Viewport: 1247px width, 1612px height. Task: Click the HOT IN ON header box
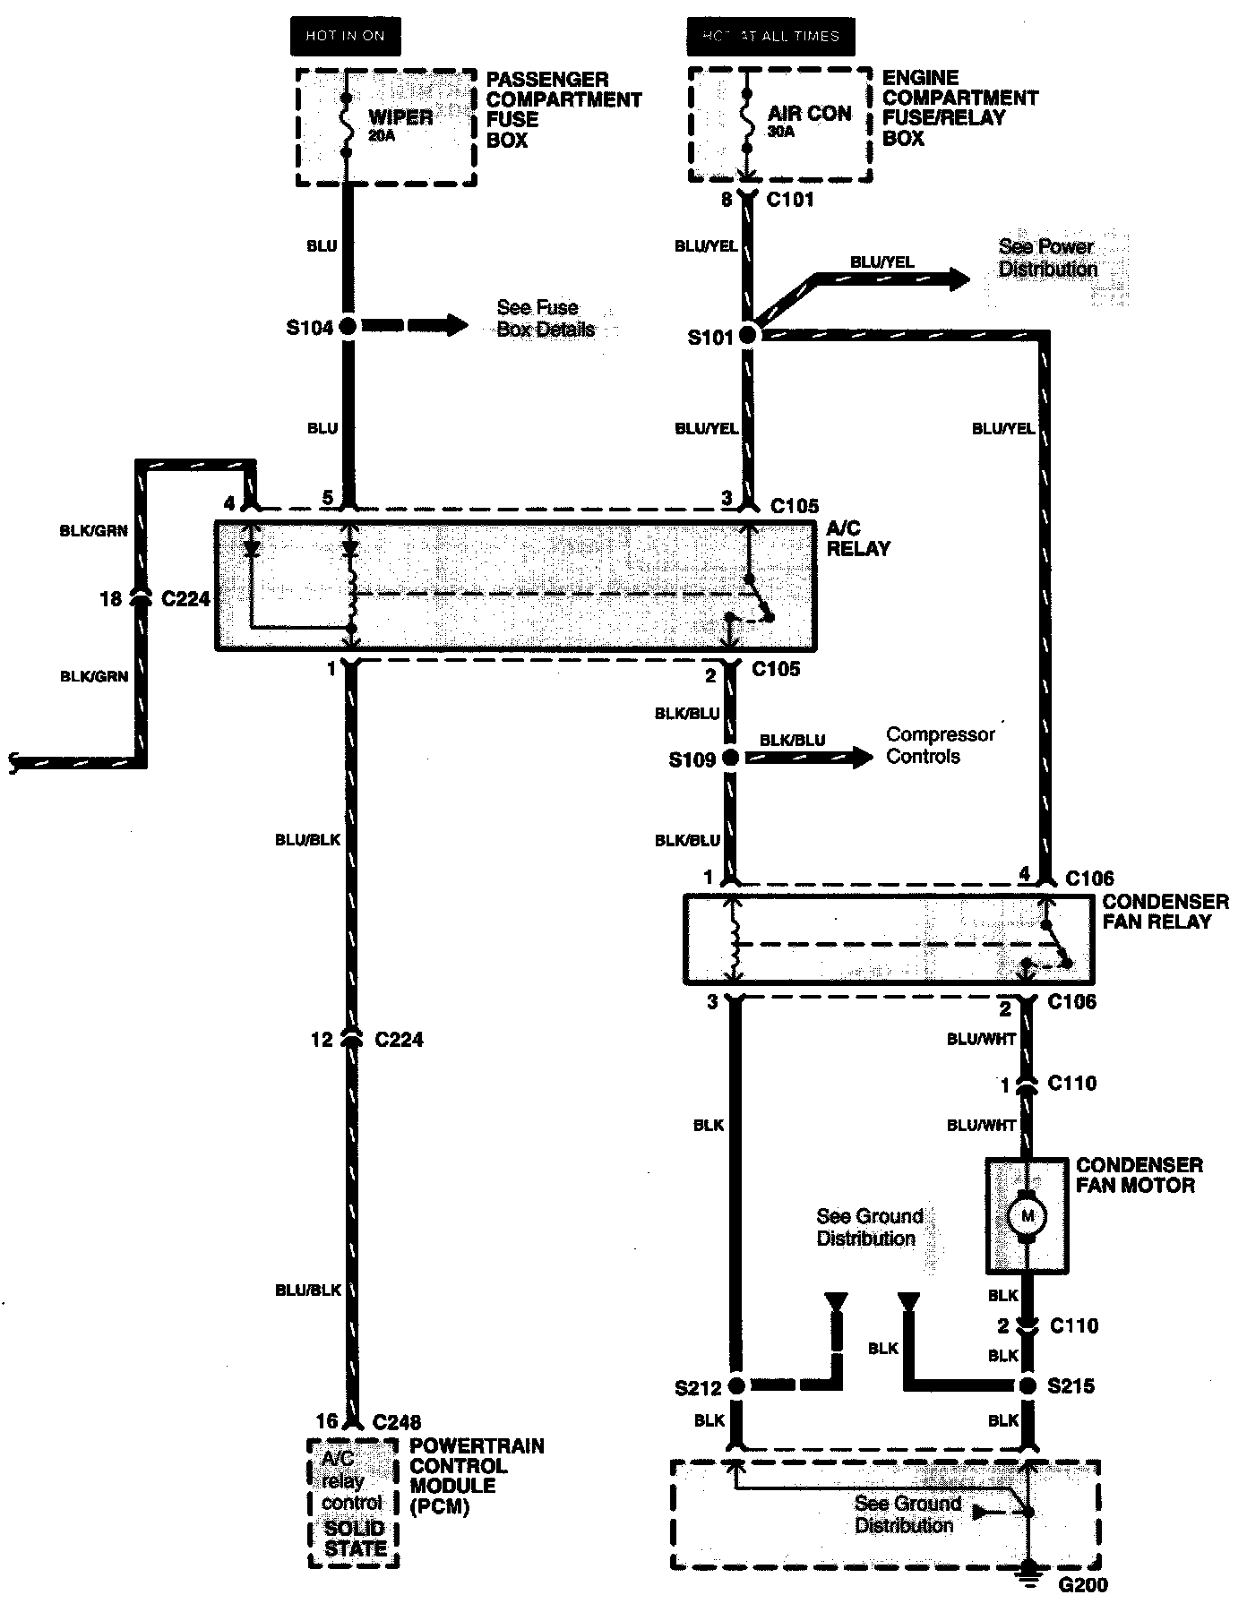(345, 36)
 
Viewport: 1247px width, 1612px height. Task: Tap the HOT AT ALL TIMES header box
(770, 36)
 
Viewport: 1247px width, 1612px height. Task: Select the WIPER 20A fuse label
(400, 124)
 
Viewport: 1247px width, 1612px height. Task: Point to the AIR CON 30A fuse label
(809, 119)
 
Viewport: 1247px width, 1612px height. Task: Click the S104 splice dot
(348, 327)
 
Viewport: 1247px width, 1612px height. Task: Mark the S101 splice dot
(747, 336)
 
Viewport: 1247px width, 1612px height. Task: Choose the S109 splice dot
(731, 759)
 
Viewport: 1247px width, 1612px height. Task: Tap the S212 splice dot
(735, 1386)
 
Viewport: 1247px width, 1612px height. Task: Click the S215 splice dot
(1028, 1386)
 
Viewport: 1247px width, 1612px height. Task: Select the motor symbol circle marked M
(1027, 1216)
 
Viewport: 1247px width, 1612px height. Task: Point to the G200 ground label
(1083, 1585)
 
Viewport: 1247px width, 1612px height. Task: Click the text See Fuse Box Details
(546, 318)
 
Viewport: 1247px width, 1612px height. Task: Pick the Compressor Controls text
(940, 745)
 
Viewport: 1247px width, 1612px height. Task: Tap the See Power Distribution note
(1047, 258)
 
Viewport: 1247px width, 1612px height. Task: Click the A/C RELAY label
(857, 538)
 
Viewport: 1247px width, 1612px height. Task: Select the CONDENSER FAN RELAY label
(1165, 912)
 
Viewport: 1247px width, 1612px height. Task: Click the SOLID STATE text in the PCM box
(354, 1539)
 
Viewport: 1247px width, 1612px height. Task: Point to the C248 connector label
(396, 1421)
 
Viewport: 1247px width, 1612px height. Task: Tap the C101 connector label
(790, 199)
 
